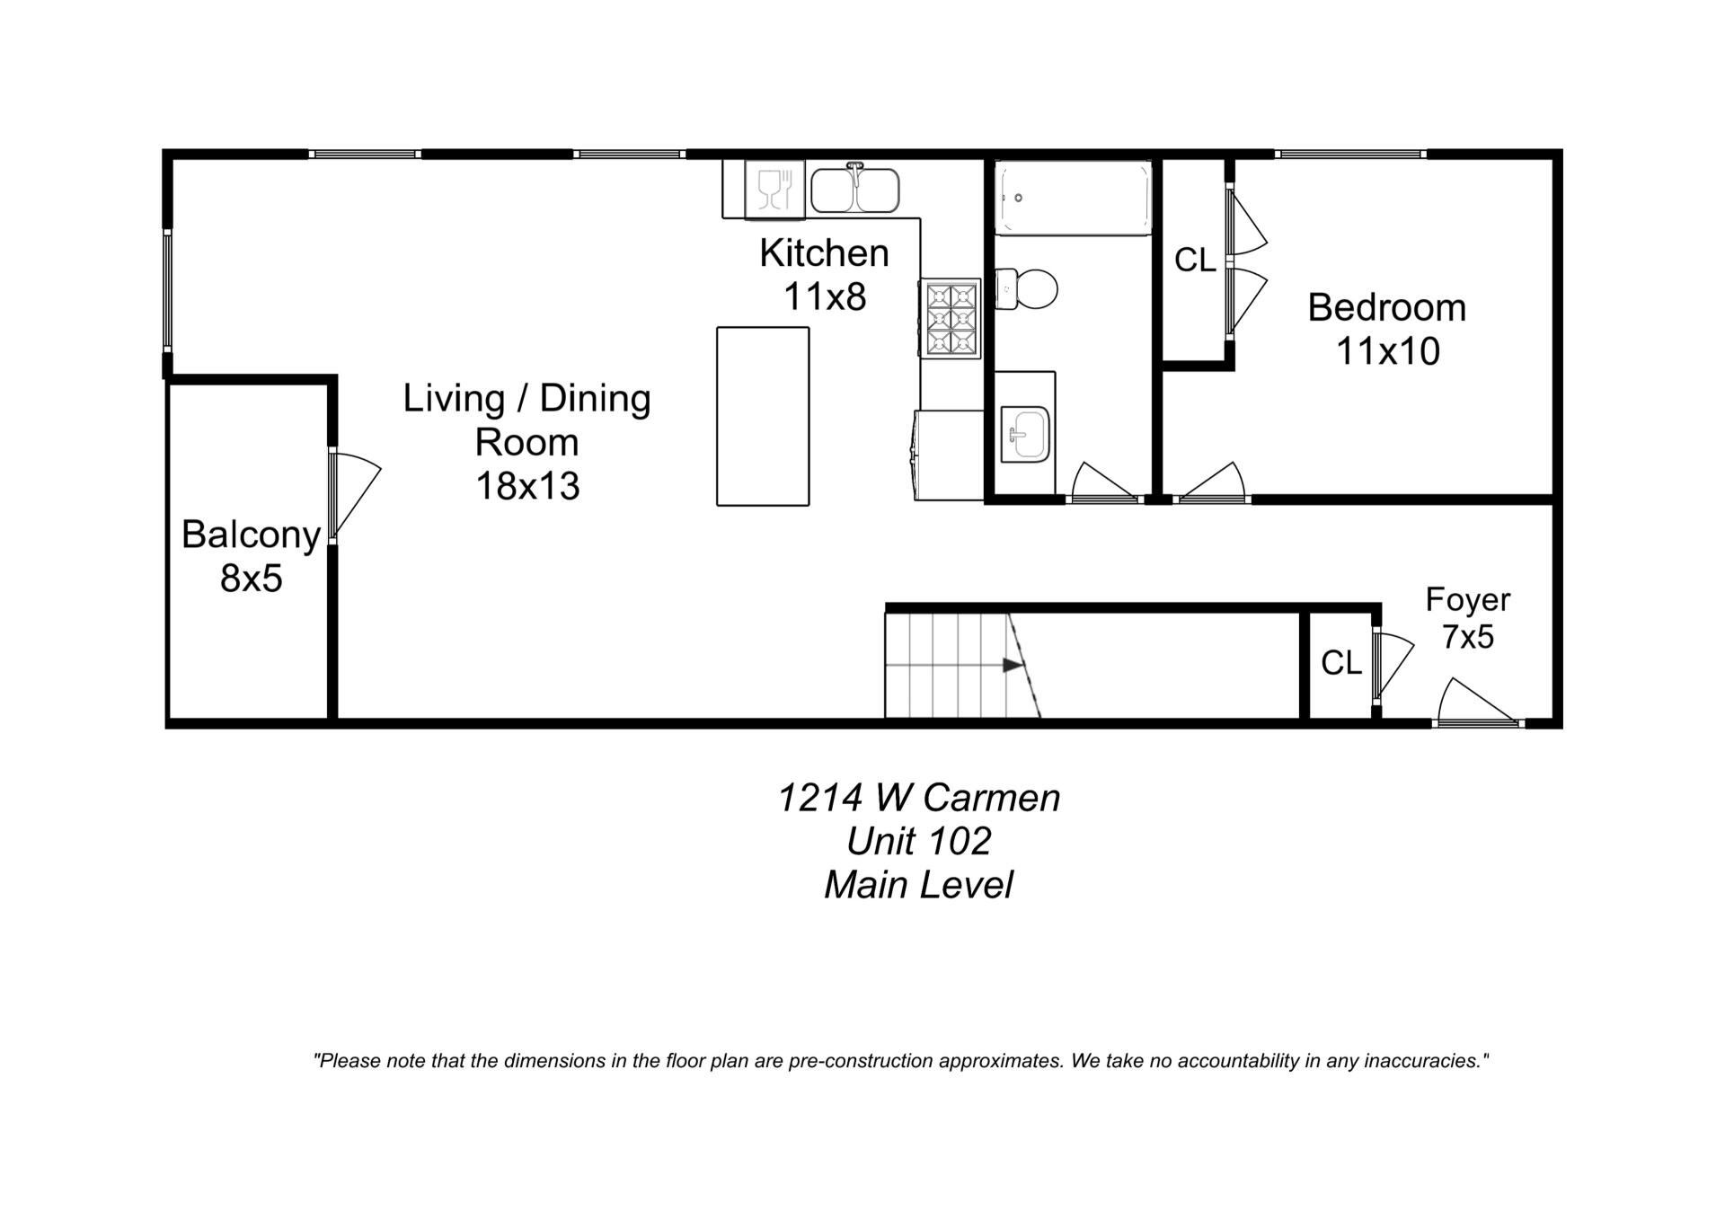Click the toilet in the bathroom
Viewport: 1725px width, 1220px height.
pyautogui.click(x=1027, y=288)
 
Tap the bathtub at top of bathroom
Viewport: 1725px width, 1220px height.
pyautogui.click(x=1072, y=198)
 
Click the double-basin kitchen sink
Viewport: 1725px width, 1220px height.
pyautogui.click(x=854, y=190)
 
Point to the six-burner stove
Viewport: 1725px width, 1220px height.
pyautogui.click(x=951, y=319)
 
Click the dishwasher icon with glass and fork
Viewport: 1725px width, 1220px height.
pyautogui.click(x=774, y=190)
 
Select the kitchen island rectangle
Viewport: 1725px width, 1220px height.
pyautogui.click(x=763, y=416)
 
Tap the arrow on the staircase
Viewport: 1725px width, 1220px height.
pyautogui.click(x=1013, y=665)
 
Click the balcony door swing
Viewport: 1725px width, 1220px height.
pyautogui.click(x=355, y=494)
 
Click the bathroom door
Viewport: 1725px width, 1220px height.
pyautogui.click(x=1103, y=482)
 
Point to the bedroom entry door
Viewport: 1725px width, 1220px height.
pyautogui.click(x=1210, y=483)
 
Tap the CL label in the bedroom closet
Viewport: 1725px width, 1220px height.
pyautogui.click(x=1195, y=261)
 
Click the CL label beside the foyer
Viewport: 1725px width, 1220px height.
pyautogui.click(x=1340, y=663)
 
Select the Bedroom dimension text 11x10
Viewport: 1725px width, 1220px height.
pyautogui.click(x=1387, y=351)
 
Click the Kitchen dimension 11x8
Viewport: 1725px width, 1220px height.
pyautogui.click(x=824, y=296)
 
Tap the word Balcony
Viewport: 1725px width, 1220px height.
pyautogui.click(x=251, y=535)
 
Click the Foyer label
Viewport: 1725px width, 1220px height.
pyautogui.click(x=1467, y=599)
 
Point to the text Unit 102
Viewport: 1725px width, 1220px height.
pyautogui.click(x=918, y=841)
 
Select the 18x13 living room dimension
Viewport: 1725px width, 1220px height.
pyautogui.click(x=527, y=486)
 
